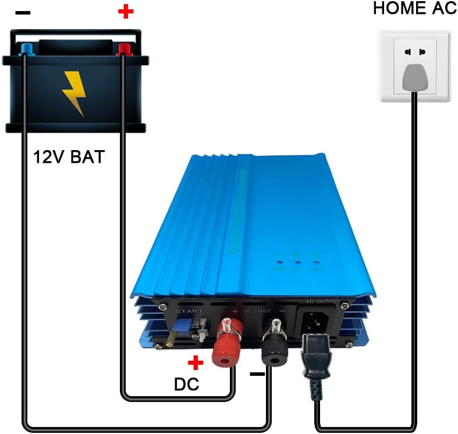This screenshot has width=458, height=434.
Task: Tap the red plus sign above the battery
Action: pyautogui.click(x=125, y=12)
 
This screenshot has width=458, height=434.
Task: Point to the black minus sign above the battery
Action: pyautogui.click(x=24, y=13)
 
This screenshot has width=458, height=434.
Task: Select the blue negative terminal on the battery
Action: pyautogui.click(x=24, y=48)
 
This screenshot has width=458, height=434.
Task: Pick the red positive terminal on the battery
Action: pyautogui.click(x=123, y=49)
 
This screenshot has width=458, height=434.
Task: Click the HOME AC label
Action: pyautogui.click(x=414, y=9)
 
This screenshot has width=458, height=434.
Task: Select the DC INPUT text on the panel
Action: pyautogui.click(x=259, y=312)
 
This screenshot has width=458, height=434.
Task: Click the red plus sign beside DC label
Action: pyautogui.click(x=196, y=364)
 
